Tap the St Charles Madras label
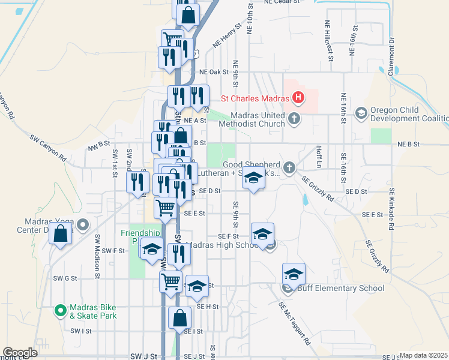255,98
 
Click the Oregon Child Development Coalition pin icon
361,113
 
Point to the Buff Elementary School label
342,289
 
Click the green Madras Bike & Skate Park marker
60,310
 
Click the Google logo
20,353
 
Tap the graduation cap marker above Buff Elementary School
294,274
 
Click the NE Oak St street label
218,71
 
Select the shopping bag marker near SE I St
180,318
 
